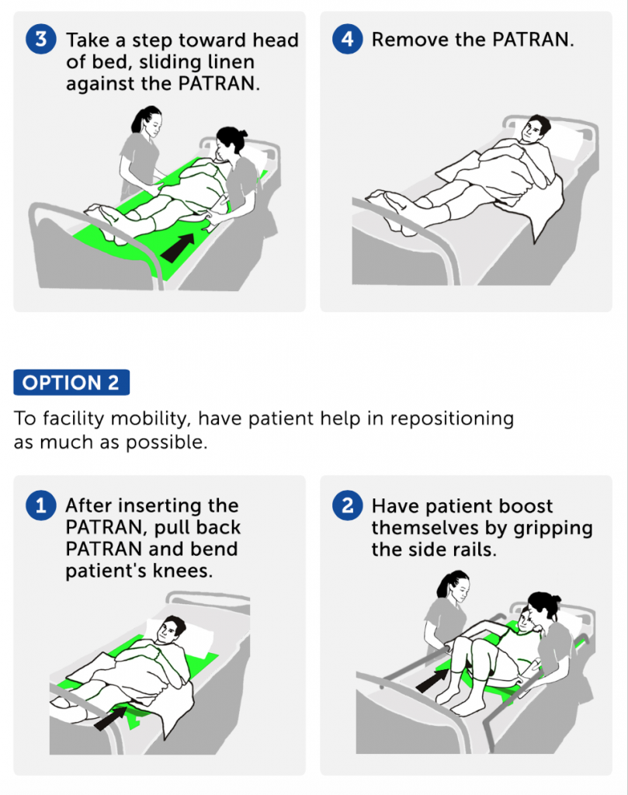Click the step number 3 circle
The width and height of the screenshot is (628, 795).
pyautogui.click(x=40, y=40)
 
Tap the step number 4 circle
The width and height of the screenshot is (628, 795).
pyautogui.click(x=347, y=40)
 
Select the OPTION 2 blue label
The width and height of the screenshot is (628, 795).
pyautogui.click(x=71, y=383)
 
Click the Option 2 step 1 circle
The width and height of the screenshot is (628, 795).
pyautogui.click(x=40, y=506)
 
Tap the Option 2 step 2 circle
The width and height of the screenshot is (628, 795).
pyautogui.click(x=347, y=506)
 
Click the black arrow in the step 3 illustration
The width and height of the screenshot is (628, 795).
pyautogui.click(x=178, y=246)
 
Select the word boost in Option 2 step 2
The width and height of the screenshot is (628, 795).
pyautogui.click(x=523, y=506)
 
